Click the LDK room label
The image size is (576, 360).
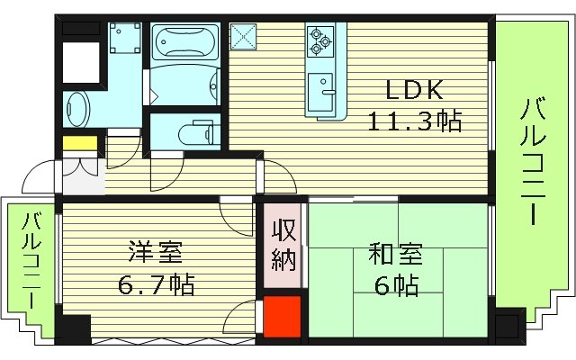tap(414, 90)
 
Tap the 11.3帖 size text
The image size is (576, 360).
tap(414, 120)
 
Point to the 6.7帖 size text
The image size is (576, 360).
tap(156, 286)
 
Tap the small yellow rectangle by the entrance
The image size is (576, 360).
tap(79, 143)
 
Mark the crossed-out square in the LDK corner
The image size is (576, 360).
tap(243, 37)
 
